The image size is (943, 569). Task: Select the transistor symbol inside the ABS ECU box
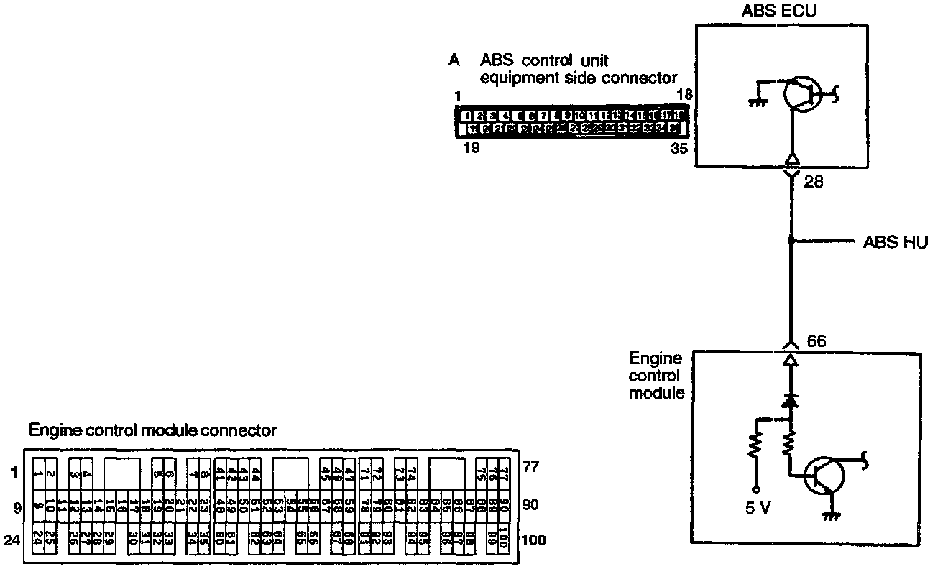click(x=800, y=93)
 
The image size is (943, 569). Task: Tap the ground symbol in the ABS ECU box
click(x=755, y=101)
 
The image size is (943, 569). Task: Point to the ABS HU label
click(x=896, y=243)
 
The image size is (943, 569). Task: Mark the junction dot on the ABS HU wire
click(x=791, y=241)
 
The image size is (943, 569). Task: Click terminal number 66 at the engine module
click(x=816, y=341)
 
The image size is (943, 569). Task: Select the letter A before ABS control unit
click(x=454, y=60)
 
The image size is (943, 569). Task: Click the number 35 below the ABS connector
click(x=678, y=149)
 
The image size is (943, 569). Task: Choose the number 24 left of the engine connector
click(x=11, y=540)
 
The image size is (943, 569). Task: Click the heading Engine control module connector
click(x=152, y=430)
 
